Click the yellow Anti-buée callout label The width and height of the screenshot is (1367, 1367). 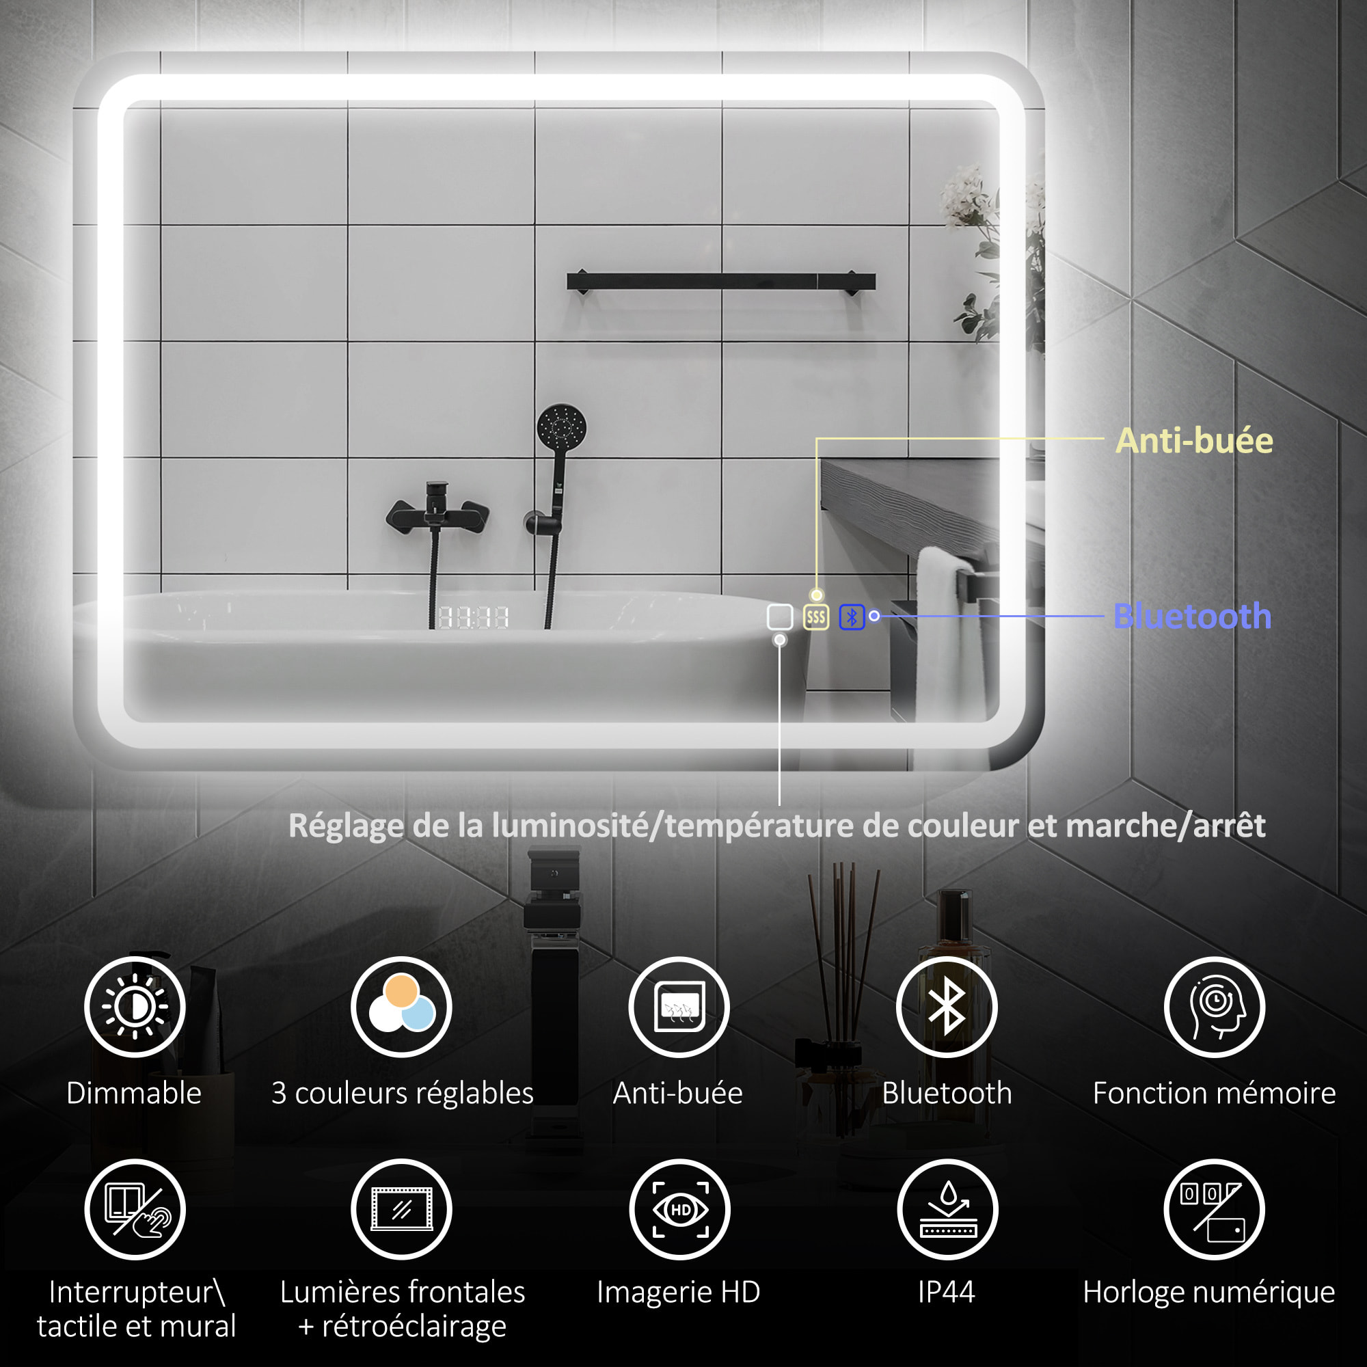(1193, 441)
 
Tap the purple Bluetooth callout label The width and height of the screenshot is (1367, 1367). (1191, 617)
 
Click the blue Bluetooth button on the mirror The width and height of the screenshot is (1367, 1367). (852, 617)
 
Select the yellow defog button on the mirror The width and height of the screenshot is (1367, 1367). (816, 617)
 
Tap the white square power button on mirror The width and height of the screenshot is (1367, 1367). (780, 617)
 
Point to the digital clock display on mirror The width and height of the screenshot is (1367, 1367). (474, 618)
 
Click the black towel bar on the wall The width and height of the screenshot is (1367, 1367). (720, 282)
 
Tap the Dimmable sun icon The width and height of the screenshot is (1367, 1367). (135, 1007)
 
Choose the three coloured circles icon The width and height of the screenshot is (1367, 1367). (401, 1007)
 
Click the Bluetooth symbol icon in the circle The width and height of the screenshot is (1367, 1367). (947, 1007)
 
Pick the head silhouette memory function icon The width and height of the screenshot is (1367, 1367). (1214, 1007)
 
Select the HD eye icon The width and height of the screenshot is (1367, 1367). (680, 1209)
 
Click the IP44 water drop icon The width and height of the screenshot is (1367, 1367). (947, 1209)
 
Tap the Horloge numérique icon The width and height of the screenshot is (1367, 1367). (1214, 1209)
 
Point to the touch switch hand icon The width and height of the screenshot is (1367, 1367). (135, 1209)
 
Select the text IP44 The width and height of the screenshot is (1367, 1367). (947, 1292)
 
